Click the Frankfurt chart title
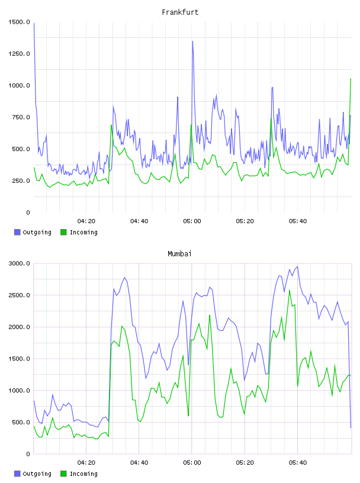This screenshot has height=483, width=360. point(180,12)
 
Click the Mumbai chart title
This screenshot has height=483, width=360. point(179,254)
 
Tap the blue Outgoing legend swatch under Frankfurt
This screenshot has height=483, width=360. point(17,232)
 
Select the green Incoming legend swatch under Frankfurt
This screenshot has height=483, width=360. point(63,232)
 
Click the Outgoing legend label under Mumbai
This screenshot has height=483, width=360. point(37,474)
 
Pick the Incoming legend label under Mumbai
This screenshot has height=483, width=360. point(83,474)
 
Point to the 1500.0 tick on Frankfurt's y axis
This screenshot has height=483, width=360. point(19,22)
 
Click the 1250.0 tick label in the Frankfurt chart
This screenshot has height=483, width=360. point(19,54)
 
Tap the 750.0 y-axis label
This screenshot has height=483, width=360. point(21,117)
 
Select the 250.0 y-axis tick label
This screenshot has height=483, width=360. point(21,181)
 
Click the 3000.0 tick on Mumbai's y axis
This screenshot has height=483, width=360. point(19,263)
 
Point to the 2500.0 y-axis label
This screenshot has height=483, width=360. point(19,295)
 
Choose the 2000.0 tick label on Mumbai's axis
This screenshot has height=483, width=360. point(19,327)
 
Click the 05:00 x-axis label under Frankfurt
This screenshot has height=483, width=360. point(192,221)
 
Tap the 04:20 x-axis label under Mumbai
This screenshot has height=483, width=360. point(86,463)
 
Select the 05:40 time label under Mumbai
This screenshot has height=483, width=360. point(298,463)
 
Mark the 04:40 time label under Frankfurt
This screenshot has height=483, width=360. point(139,221)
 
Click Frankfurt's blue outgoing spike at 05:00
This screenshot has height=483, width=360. point(192,41)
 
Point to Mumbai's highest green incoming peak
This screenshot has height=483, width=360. point(290,290)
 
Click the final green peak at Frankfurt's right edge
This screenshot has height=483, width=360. point(351,79)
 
